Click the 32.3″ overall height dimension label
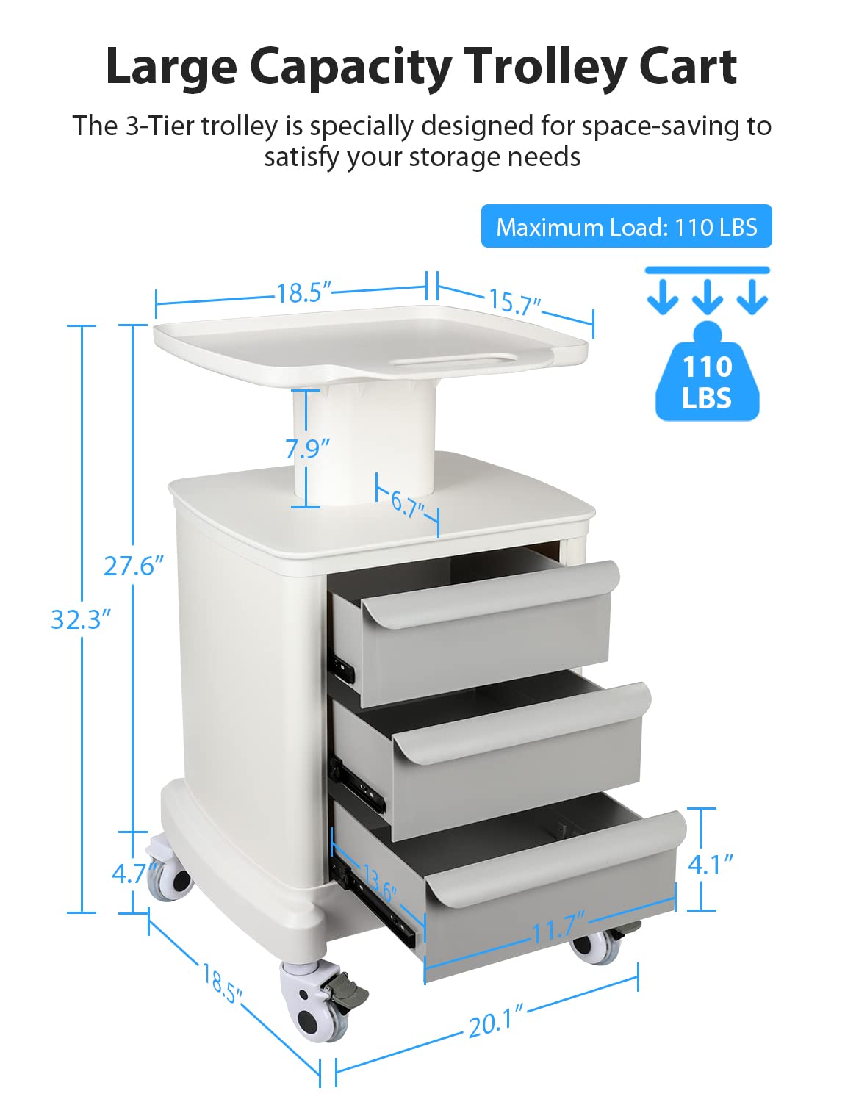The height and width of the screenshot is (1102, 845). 81,619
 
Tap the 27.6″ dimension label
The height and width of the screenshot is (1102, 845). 134,566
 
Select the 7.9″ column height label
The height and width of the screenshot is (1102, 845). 307,448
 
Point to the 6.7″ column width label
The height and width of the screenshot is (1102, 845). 407,505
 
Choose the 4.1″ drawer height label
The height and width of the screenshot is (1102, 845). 710,865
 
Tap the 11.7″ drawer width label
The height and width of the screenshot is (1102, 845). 558,926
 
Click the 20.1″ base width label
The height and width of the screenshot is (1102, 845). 495,1020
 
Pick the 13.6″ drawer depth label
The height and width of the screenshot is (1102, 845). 379,883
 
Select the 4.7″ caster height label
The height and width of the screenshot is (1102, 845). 133,874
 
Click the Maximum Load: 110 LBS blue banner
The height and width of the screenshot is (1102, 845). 626,226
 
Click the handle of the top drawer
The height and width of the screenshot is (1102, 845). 490,595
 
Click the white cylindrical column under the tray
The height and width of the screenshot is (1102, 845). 364,444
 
